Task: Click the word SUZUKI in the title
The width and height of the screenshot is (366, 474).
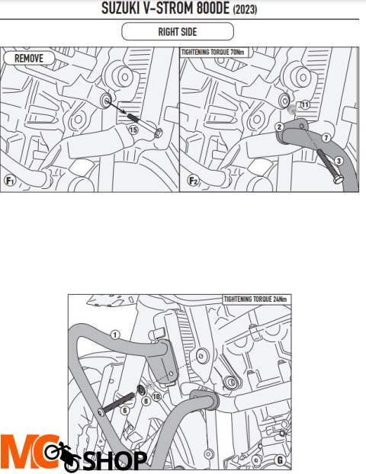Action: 120,8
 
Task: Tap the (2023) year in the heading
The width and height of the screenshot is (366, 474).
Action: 245,9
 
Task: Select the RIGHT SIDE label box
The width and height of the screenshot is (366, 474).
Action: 178,31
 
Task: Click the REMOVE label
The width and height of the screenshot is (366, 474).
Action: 29,58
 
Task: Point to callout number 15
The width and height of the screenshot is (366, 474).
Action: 133,130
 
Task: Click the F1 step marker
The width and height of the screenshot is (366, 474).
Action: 10,181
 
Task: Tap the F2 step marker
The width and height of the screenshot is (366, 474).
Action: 193,181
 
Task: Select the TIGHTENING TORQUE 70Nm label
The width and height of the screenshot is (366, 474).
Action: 213,53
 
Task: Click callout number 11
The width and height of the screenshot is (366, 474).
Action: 305,104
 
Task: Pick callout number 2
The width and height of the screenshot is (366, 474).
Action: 279,127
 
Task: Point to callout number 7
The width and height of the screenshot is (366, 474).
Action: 326,138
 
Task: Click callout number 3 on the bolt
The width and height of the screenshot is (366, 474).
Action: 339,161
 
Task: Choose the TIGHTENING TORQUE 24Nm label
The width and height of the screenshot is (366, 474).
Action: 255,299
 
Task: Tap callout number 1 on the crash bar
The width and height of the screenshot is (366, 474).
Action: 115,335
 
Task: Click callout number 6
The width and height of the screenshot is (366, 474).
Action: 124,410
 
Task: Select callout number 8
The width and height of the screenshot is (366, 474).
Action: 146,401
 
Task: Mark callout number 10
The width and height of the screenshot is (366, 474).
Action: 156,396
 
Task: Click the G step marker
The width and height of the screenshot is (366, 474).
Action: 280,460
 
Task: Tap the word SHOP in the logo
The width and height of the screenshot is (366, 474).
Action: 114,461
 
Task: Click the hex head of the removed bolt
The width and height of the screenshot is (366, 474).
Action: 159,133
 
